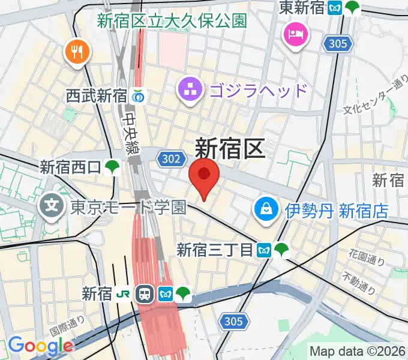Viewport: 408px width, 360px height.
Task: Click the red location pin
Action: pos(204,176)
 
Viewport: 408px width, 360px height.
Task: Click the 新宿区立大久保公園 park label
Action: pos(172,21)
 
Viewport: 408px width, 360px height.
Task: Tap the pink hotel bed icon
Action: pos(296,32)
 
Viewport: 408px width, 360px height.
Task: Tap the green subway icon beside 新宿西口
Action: pos(112,167)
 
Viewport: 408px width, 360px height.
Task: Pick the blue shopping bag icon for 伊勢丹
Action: pos(264,209)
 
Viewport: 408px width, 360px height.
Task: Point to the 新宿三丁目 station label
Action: pos(214,250)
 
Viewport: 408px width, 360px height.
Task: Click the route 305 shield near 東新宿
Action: pos(337,43)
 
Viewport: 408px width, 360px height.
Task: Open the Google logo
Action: pos(40,346)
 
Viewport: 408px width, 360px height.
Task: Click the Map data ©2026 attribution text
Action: pos(357,351)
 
